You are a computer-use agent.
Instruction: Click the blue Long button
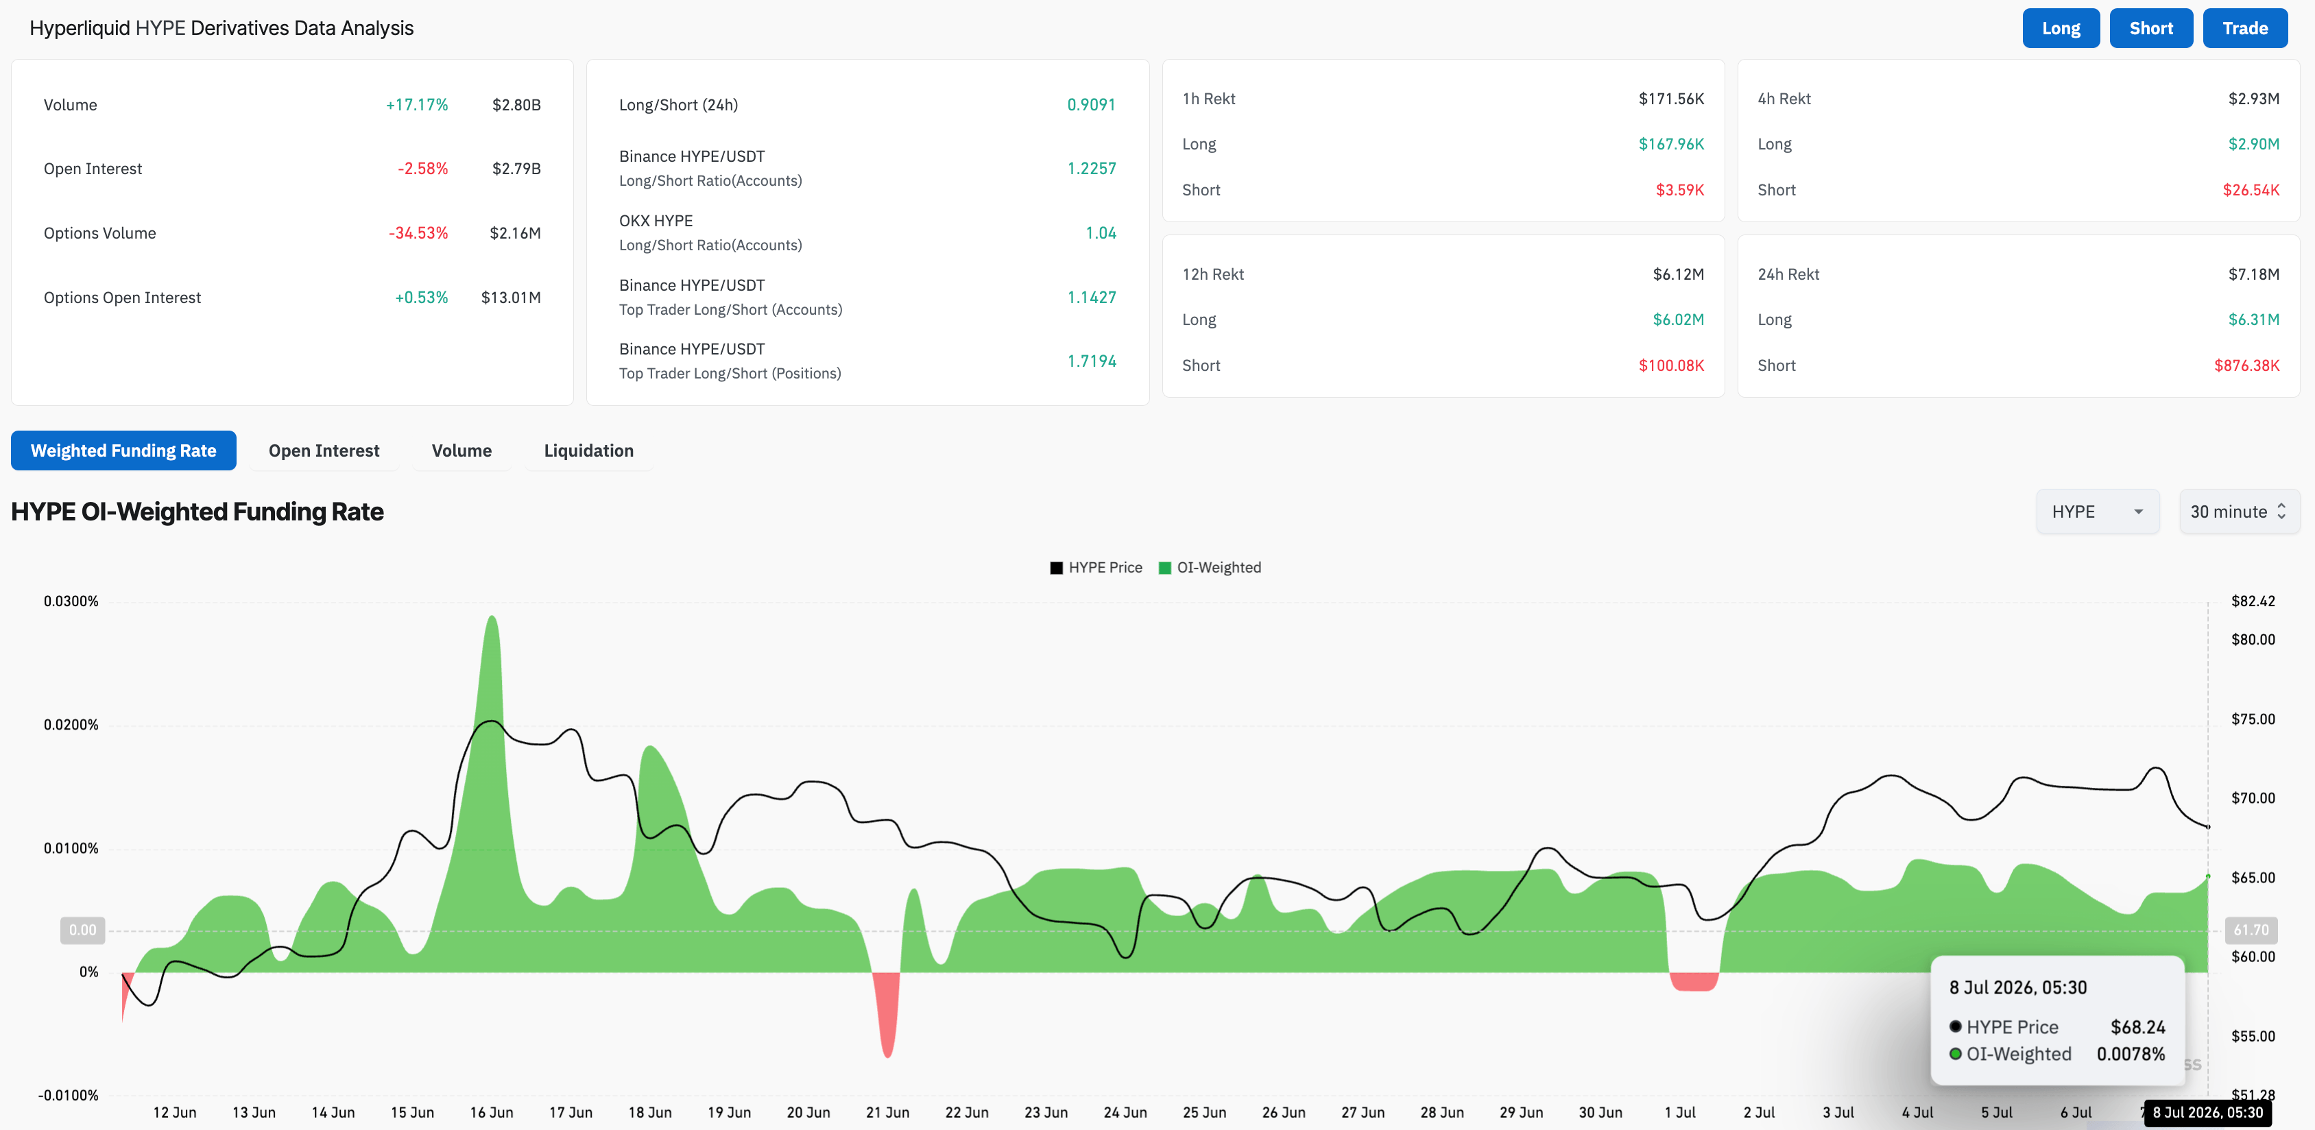tap(2061, 29)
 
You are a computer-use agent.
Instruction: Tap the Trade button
tap(2245, 29)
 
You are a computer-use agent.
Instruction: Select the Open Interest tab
tap(324, 450)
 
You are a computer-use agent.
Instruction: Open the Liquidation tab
tap(588, 450)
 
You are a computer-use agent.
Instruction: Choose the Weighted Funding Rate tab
tap(124, 450)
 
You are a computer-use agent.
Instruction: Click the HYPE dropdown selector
tap(2098, 512)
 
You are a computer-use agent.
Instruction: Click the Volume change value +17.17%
tap(417, 105)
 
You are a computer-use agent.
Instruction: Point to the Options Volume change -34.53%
tap(418, 233)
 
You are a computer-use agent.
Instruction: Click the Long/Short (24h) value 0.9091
tap(1091, 105)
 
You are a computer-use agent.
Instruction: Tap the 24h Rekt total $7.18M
tap(2254, 274)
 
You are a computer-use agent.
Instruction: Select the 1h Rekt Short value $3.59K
tap(1679, 190)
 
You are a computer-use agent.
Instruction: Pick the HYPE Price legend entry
tap(1096, 567)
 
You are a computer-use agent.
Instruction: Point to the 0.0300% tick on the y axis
tap(71, 601)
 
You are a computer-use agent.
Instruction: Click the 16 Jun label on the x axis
tap(492, 1112)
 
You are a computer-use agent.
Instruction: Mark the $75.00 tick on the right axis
tap(2253, 719)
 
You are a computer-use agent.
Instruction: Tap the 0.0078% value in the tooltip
tap(2131, 1054)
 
